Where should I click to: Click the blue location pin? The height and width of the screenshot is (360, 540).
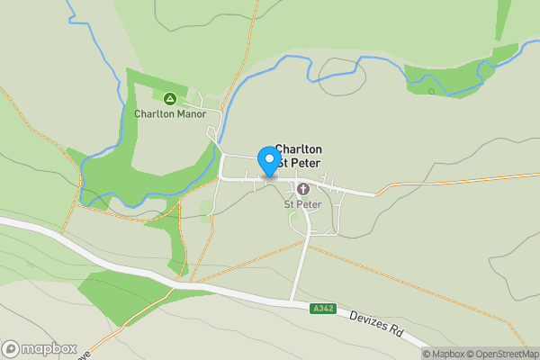coord(268,160)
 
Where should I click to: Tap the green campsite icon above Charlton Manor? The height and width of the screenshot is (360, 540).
coord(169,98)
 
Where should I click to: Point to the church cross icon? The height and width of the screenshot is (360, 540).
coord(302,189)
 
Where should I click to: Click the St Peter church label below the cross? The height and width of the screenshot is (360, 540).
coord(302,204)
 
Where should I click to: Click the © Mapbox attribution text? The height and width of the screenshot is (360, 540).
coord(449,354)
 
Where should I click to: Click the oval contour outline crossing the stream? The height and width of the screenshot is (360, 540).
coord(339,74)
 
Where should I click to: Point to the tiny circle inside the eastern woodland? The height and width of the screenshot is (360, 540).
coord(431,91)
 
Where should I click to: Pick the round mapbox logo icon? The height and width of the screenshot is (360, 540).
coord(11,349)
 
